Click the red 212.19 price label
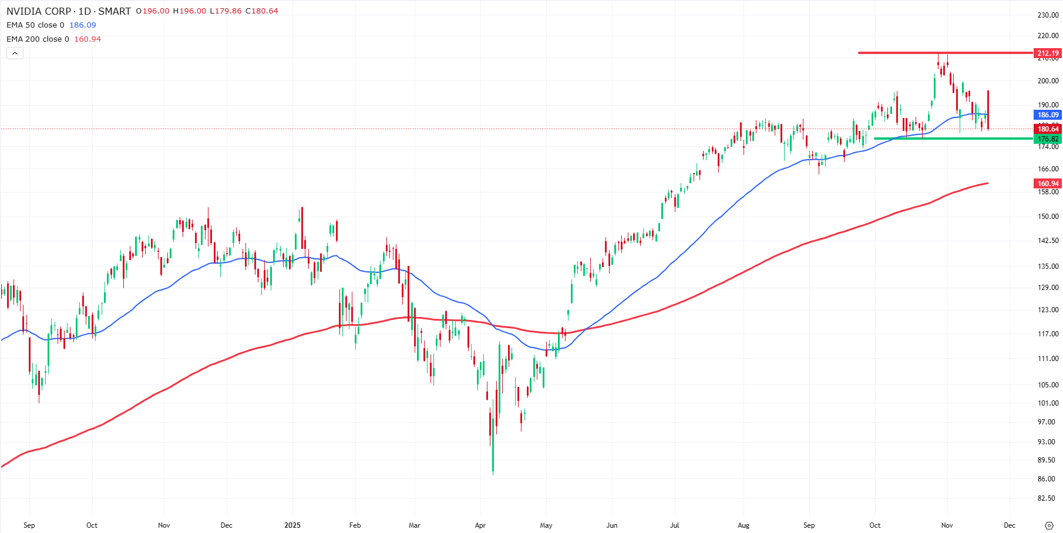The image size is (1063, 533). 1048,53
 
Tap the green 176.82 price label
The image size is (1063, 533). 1048,139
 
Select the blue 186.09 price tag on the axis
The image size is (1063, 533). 1048,115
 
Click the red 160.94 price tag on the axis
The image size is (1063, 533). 1048,184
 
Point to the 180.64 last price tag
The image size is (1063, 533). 1048,129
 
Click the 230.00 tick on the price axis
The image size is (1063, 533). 1048,15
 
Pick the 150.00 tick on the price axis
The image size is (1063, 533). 1048,217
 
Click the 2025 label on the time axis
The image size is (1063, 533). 292,525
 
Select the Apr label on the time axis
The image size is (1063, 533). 480,525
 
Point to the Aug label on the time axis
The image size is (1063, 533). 744,525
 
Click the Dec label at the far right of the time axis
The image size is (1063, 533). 1009,525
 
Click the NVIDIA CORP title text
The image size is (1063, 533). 39,11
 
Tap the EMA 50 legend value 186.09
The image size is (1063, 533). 82,25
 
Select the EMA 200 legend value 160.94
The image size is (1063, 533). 88,39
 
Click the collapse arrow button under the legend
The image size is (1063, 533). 15,53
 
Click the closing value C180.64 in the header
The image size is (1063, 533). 262,11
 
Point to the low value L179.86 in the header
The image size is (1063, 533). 226,11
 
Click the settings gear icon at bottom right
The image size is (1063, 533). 1049,525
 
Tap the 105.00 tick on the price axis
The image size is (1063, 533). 1048,385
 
